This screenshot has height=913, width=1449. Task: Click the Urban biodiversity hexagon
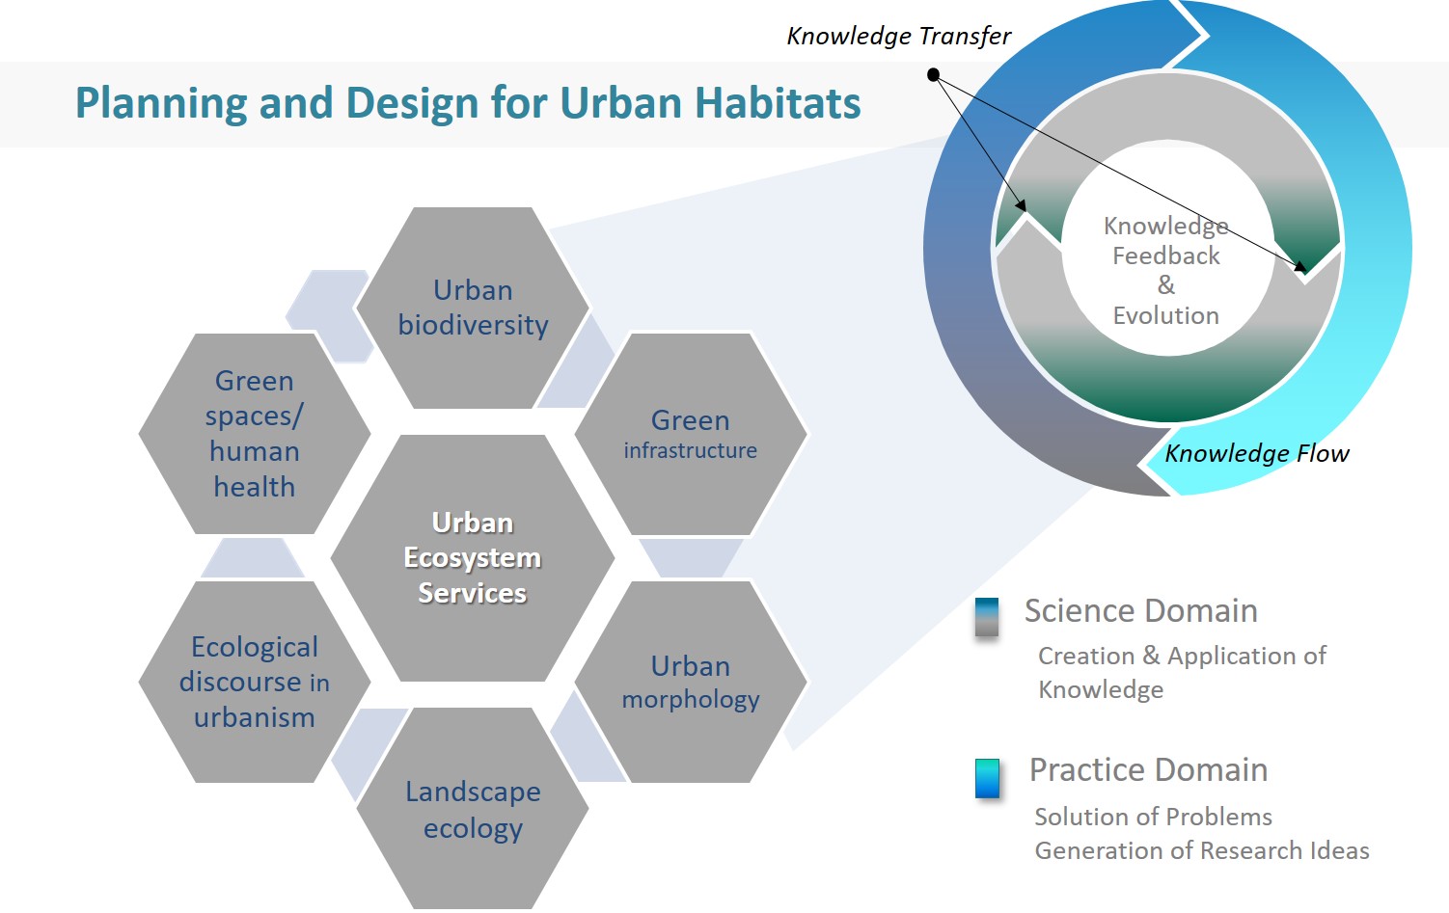click(x=473, y=308)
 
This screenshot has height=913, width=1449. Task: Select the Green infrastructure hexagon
click(x=691, y=434)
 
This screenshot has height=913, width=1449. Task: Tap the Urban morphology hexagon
click(x=691, y=682)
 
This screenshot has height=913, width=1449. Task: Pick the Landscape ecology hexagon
click(x=473, y=808)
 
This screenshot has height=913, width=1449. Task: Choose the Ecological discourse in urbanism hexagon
click(x=255, y=682)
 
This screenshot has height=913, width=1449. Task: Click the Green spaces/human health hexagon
click(x=255, y=434)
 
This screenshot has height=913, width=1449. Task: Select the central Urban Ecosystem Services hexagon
click(x=473, y=557)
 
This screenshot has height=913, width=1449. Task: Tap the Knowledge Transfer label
click(x=898, y=37)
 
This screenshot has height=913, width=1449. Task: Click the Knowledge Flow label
click(x=1257, y=453)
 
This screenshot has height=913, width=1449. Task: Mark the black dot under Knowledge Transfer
click(x=933, y=74)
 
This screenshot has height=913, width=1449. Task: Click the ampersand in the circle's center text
click(x=1166, y=284)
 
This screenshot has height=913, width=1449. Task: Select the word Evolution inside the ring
click(x=1165, y=315)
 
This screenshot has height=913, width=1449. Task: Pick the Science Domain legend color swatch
click(x=987, y=617)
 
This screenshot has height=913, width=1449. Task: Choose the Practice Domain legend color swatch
click(x=987, y=778)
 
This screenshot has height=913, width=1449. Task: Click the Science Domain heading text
click(x=1141, y=611)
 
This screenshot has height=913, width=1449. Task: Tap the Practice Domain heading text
click(x=1148, y=770)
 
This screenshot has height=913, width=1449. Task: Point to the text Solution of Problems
click(x=1154, y=817)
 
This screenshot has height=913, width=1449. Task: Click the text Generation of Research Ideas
click(x=1202, y=850)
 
